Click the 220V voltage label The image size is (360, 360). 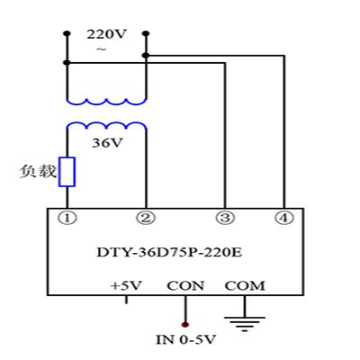click(x=106, y=34)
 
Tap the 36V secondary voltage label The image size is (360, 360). click(x=107, y=143)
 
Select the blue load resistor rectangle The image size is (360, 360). click(x=67, y=172)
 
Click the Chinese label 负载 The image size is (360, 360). click(x=38, y=171)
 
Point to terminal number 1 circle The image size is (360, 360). click(x=67, y=218)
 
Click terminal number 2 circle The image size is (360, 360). click(x=146, y=218)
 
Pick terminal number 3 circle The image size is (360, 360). click(x=225, y=218)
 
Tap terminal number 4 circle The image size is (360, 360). click(x=283, y=218)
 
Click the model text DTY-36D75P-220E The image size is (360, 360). click(x=169, y=253)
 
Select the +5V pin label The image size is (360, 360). click(x=126, y=286)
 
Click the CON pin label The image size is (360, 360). click(x=185, y=286)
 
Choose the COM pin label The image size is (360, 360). click(x=245, y=286)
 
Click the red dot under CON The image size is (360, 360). click(x=185, y=324)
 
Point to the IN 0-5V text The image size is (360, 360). click(x=186, y=340)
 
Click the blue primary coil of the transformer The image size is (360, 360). click(x=106, y=103)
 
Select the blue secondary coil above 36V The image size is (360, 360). click(x=106, y=124)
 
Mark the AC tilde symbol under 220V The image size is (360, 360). click(x=102, y=49)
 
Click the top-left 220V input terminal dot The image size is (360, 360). click(x=67, y=33)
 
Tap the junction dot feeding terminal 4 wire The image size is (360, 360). click(x=146, y=56)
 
